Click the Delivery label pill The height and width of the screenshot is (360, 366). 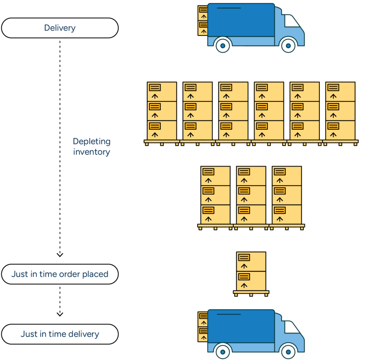(x=60, y=28)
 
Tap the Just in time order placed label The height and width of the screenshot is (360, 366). (x=60, y=274)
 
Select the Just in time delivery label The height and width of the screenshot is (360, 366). (x=60, y=334)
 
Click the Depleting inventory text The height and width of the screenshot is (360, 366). (x=92, y=147)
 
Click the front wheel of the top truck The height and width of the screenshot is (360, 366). (x=288, y=45)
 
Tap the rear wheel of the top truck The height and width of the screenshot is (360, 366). (x=223, y=45)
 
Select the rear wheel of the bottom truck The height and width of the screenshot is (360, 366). (x=223, y=352)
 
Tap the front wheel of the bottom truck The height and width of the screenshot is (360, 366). (x=288, y=352)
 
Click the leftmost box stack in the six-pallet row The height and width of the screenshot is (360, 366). (x=162, y=111)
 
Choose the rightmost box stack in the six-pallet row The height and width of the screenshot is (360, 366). (x=340, y=111)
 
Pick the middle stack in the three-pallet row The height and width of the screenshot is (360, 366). (x=251, y=195)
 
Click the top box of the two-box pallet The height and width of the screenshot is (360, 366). (x=251, y=262)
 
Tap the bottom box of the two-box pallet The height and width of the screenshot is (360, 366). (x=251, y=281)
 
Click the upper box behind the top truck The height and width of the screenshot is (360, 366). (x=203, y=13)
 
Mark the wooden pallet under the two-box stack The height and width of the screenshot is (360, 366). (x=251, y=293)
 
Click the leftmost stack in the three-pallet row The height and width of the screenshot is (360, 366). (x=215, y=195)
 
